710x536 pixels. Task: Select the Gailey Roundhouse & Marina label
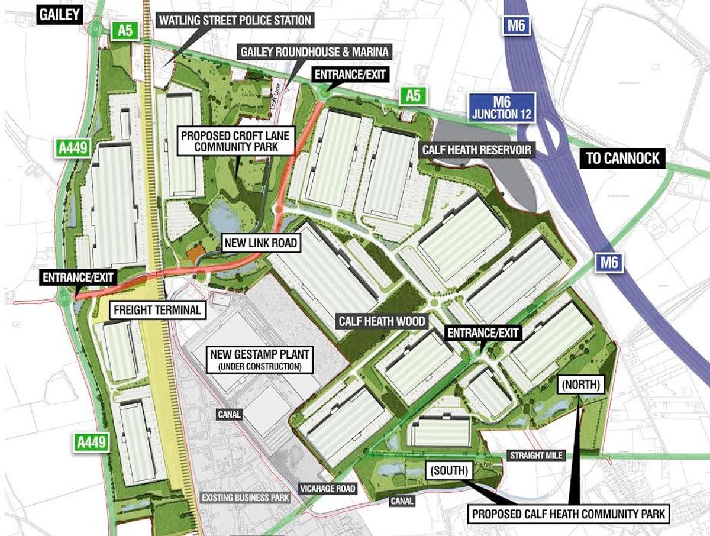[314, 53]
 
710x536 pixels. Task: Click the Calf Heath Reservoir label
[476, 149]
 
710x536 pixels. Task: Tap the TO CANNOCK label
[621, 158]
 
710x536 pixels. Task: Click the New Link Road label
[258, 242]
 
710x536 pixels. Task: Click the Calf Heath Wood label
[382, 321]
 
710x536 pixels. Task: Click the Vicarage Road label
[327, 488]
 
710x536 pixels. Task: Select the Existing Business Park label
[246, 497]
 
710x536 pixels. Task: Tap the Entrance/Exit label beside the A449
[79, 276]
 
